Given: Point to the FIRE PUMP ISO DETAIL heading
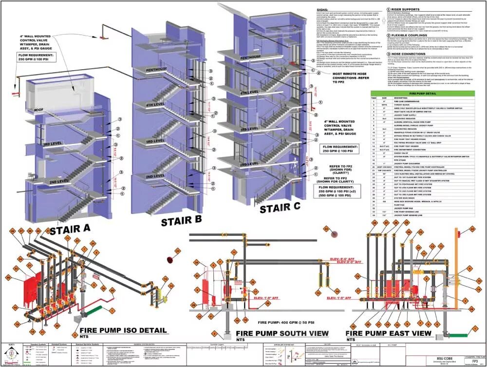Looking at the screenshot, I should [123, 330].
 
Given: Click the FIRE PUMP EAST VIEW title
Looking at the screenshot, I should [388, 333].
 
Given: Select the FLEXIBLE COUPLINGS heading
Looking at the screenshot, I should [402, 35].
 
